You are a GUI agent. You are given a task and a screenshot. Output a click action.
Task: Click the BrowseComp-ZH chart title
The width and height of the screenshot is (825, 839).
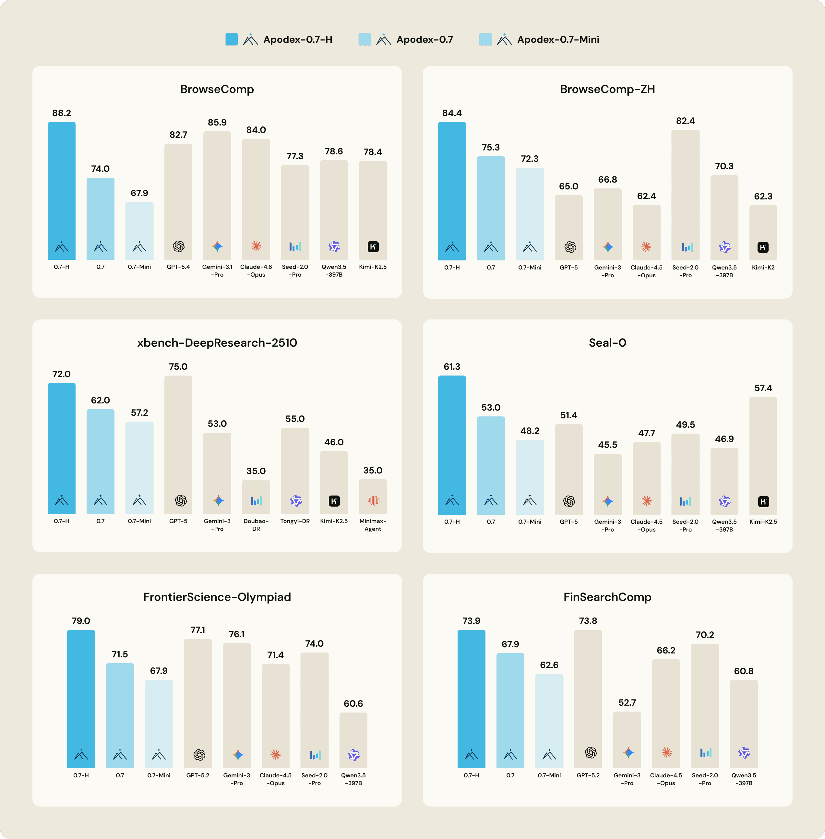[607, 89]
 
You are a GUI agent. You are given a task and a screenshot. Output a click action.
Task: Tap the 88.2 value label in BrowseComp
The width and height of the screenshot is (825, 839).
[62, 113]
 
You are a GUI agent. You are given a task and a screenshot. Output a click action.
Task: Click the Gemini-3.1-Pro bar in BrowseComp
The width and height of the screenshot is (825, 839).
[217, 195]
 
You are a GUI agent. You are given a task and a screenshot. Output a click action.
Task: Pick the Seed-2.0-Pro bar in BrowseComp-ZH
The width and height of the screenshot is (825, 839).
[685, 195]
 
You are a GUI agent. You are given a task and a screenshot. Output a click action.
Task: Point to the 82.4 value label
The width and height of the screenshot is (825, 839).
[685, 121]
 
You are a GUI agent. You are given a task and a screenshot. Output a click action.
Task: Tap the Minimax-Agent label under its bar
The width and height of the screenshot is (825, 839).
[373, 525]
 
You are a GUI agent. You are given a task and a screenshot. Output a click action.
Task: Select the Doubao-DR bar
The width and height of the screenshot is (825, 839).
[256, 496]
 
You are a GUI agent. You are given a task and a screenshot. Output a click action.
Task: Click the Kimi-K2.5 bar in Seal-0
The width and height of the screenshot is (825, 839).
[763, 455]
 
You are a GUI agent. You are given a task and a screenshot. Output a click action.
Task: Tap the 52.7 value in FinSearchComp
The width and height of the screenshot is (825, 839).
[627, 702]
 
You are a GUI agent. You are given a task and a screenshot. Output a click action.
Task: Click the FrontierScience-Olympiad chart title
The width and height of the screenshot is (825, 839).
[217, 597]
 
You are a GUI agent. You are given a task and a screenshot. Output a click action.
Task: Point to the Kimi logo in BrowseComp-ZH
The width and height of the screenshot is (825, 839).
[763, 247]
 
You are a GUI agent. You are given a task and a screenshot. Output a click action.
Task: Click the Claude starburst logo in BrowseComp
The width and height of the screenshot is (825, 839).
[256, 246]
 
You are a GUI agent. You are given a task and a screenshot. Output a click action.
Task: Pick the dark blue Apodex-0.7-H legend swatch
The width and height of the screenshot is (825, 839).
[231, 40]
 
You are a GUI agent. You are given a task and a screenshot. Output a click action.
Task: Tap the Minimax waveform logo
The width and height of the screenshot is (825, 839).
[373, 501]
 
